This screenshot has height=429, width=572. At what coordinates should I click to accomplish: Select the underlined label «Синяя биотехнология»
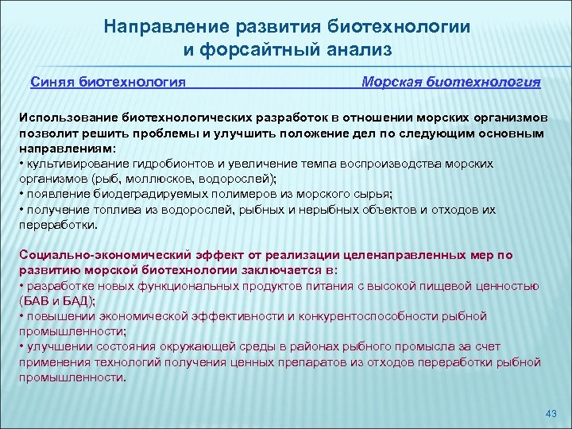pyautogui.click(x=108, y=82)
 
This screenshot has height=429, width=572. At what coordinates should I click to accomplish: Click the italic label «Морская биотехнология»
pyautogui.click(x=450, y=82)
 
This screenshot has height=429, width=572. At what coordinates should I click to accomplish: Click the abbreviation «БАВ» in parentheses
pyautogui.click(x=37, y=301)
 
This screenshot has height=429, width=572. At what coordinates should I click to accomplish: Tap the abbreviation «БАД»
pyautogui.click(x=76, y=301)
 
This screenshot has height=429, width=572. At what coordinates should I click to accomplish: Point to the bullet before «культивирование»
pyautogui.click(x=21, y=164)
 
